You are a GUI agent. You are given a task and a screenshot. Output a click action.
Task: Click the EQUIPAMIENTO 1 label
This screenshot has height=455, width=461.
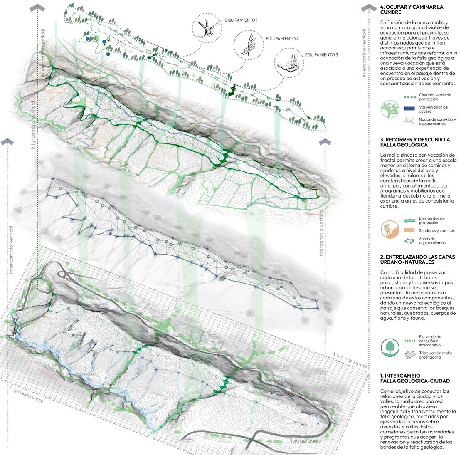pyautogui.click(x=242, y=20)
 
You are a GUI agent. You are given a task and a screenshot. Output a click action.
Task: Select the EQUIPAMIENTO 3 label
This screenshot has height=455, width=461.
pyautogui.click(x=321, y=54)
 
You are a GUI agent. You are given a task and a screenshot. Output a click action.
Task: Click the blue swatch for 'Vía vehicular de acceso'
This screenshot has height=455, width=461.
pyautogui.click(x=409, y=108)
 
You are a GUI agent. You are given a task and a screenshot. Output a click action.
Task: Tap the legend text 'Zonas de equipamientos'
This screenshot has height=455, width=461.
pyautogui.click(x=432, y=240)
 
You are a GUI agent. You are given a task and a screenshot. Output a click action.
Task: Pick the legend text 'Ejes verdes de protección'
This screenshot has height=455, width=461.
pyautogui.click(x=431, y=220)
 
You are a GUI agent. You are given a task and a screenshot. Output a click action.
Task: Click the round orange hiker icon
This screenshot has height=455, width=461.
pyautogui.click(x=390, y=229)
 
